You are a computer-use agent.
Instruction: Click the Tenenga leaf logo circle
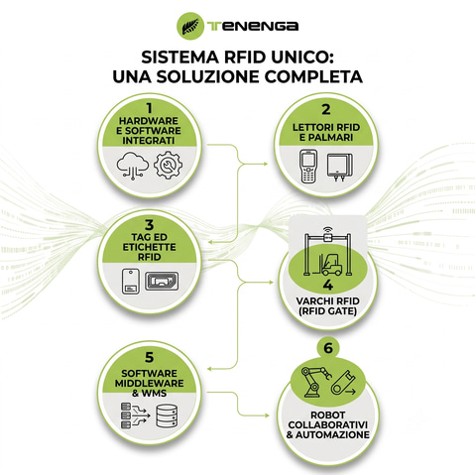coord(190,26)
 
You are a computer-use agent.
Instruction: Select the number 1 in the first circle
coord(150,108)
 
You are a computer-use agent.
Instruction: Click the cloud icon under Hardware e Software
coord(133,166)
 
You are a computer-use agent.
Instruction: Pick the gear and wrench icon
coord(168,165)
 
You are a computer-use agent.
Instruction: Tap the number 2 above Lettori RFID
coord(326,109)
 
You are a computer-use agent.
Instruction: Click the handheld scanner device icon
coord(308,167)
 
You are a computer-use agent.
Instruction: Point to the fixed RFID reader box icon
coord(340,167)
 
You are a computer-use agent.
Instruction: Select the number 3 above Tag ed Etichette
coord(150,225)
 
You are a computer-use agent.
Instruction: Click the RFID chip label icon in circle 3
coord(162,281)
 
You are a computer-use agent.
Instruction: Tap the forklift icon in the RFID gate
coord(331,264)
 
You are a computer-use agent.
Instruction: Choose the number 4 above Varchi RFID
coord(327,285)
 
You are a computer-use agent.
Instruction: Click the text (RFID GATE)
coord(327,311)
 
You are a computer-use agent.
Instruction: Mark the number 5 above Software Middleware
coord(150,357)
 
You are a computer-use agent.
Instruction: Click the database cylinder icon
coord(167,416)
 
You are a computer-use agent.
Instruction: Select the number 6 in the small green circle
coord(328,348)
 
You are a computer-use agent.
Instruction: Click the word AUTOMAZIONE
coord(332,435)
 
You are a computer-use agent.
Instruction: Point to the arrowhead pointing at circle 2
coord(266,164)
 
